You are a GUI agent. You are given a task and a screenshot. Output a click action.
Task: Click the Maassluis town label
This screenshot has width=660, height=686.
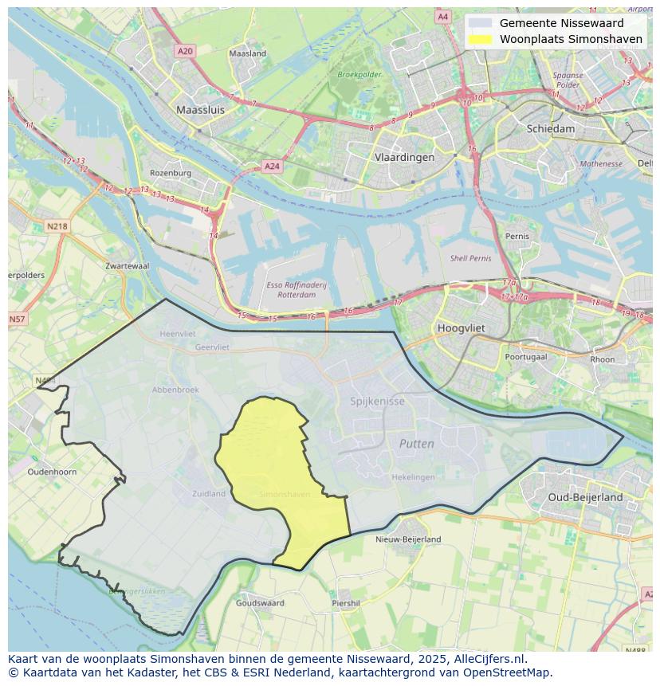tap(200, 110)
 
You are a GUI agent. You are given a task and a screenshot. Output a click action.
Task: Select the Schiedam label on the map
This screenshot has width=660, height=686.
tap(550, 128)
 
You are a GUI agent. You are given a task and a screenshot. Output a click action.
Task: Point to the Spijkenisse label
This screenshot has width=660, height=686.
tap(377, 402)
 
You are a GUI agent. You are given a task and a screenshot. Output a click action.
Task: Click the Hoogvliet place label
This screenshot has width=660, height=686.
tap(462, 327)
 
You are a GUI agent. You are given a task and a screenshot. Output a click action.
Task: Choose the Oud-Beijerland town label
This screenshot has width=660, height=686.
tap(585, 497)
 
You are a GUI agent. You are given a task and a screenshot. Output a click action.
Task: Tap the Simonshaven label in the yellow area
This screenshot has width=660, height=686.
tap(285, 495)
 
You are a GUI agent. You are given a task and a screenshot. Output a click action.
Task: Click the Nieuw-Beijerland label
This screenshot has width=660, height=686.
tap(408, 539)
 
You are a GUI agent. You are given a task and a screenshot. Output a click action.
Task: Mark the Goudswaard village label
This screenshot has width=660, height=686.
tap(260, 603)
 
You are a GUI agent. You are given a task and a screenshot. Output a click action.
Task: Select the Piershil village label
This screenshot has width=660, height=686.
tap(346, 603)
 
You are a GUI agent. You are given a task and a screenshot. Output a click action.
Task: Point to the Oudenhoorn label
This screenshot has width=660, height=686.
tap(52, 472)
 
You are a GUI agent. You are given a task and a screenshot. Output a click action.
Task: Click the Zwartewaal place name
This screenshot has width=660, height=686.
tap(127, 266)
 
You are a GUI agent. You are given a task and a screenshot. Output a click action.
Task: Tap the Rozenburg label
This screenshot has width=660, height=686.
tap(171, 173)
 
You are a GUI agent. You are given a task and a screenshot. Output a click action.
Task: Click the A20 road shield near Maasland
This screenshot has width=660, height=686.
tap(185, 51)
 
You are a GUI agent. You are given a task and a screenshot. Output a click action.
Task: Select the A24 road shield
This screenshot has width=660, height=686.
tap(272, 167)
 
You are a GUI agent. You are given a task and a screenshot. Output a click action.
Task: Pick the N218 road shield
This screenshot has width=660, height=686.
tap(57, 226)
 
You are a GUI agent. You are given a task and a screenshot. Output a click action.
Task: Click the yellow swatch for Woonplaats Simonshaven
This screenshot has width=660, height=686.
tap(480, 39)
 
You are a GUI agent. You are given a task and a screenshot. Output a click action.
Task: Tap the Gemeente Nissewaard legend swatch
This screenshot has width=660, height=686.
tap(480, 23)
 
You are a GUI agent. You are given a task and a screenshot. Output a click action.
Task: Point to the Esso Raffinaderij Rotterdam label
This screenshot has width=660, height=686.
tap(292, 289)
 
